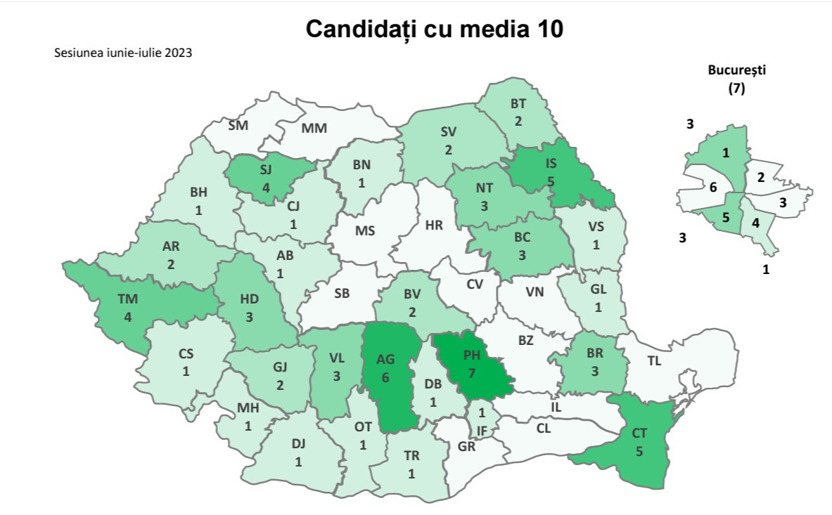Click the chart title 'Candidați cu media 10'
(x=435, y=30)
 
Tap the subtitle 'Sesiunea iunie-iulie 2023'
(x=123, y=53)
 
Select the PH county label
(x=471, y=356)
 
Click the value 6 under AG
(x=385, y=377)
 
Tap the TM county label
(x=127, y=299)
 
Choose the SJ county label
(x=266, y=170)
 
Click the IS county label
(x=551, y=164)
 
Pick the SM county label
(x=238, y=126)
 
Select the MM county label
(x=314, y=129)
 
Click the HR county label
(x=434, y=226)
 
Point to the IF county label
(x=482, y=429)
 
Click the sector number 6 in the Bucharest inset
(x=712, y=188)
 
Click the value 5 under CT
(x=639, y=452)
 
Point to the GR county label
(x=466, y=446)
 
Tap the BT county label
(x=518, y=103)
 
